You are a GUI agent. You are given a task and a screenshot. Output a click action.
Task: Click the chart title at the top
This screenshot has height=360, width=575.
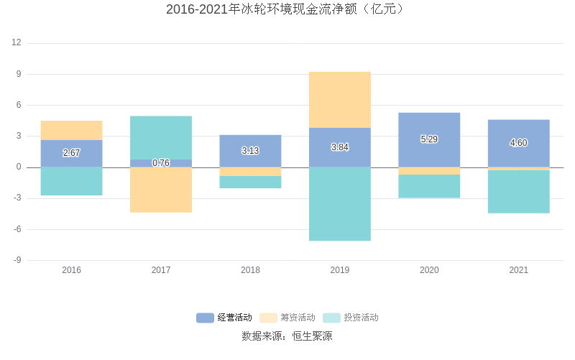coord(287,9)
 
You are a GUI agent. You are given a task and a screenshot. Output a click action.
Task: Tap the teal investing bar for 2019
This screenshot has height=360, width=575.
coord(340,204)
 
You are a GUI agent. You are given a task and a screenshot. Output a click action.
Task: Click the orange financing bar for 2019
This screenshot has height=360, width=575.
coord(340,100)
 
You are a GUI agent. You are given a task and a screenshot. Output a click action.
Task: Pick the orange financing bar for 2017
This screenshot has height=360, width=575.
coord(161,190)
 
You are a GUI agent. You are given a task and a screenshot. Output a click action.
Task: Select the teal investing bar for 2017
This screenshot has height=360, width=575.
coord(161,137)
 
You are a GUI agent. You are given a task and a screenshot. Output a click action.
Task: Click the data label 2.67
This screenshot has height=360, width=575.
coord(71,153)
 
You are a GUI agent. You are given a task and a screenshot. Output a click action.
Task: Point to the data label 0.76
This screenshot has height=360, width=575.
coord(161,163)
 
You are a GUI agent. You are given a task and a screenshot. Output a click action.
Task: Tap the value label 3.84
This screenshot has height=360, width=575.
coord(340,147)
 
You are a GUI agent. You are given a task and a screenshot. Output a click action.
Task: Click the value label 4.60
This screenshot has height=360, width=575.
coord(518,143)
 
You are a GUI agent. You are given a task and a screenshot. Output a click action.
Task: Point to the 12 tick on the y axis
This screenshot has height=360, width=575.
coord(17,43)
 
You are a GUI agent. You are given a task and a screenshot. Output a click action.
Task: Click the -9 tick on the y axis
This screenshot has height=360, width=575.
coord(17,260)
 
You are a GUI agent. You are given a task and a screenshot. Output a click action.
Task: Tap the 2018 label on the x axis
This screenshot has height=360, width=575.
coord(250,270)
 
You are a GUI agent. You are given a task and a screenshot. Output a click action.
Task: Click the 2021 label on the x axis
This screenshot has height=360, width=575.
coord(518,270)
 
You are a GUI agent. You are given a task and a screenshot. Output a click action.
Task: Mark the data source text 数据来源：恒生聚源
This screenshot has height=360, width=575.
coord(287,336)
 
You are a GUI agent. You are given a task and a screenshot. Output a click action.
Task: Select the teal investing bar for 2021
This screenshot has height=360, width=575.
coord(518,192)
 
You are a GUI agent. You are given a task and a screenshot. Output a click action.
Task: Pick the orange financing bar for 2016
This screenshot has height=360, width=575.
coord(71,130)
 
